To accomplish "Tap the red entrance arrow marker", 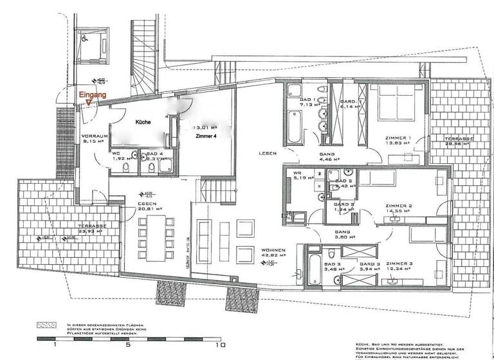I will [x=88, y=102].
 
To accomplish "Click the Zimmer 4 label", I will [x=206, y=136].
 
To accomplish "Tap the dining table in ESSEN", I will [x=153, y=231].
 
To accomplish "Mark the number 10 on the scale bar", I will [x=221, y=345].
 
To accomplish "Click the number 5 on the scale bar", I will [x=129, y=345].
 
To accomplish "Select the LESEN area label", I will [x=268, y=153].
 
